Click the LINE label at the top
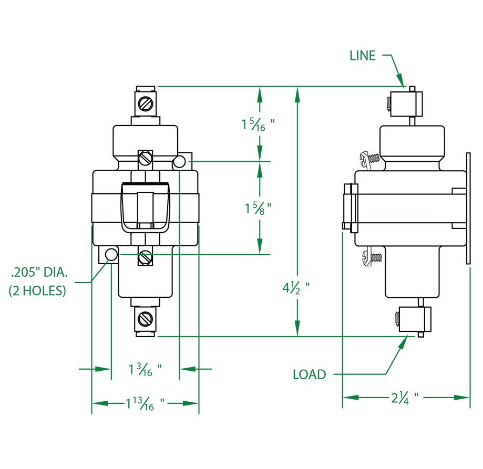click(363, 56)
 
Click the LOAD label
click(309, 374)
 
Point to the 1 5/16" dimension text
click(258, 124)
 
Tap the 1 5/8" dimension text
click(258, 208)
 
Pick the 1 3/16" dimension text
click(145, 370)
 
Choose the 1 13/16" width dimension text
click(145, 404)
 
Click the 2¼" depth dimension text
click(405, 398)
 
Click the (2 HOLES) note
click(37, 290)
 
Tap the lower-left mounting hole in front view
click(111, 254)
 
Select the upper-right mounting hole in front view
click(180, 162)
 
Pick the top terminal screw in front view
click(146, 102)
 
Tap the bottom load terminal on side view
click(413, 319)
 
